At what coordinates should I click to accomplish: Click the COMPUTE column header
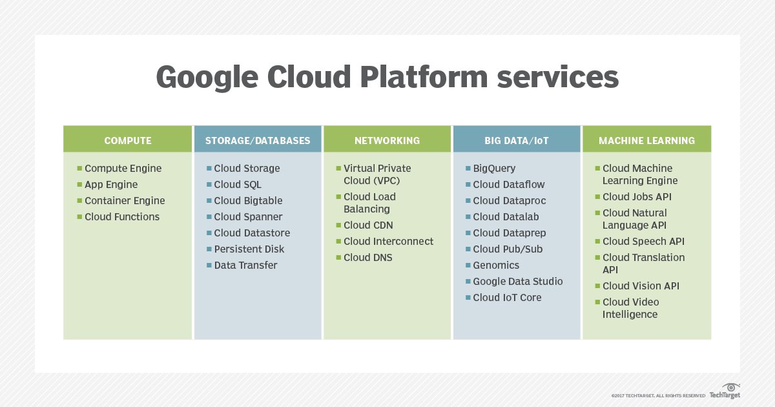128,140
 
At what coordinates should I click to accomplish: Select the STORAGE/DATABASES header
258,140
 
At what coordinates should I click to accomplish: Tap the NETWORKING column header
387,140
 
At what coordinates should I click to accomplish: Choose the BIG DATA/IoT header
516,140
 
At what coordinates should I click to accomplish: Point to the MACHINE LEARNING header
646,140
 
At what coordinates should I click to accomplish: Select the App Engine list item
111,184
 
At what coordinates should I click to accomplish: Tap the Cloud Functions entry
122,216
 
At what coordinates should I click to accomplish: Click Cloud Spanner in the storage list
248,216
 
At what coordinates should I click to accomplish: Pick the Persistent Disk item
249,249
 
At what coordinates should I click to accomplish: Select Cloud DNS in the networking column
367,257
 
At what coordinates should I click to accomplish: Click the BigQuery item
494,168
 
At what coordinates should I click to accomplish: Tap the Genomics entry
496,265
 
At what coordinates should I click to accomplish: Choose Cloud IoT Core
507,297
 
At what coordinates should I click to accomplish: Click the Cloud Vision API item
641,286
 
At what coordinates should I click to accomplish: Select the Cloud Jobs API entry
637,196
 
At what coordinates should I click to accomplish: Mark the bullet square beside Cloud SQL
209,185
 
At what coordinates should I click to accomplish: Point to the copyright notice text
657,395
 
